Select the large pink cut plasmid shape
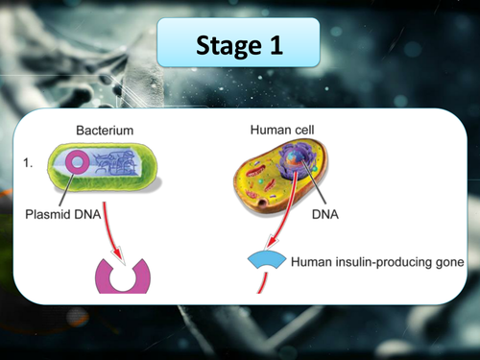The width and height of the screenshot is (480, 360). (124, 276)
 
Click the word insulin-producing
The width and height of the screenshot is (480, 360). (379, 260)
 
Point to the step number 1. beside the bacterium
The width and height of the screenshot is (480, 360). (28, 164)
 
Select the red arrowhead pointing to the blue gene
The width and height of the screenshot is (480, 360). (267, 244)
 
